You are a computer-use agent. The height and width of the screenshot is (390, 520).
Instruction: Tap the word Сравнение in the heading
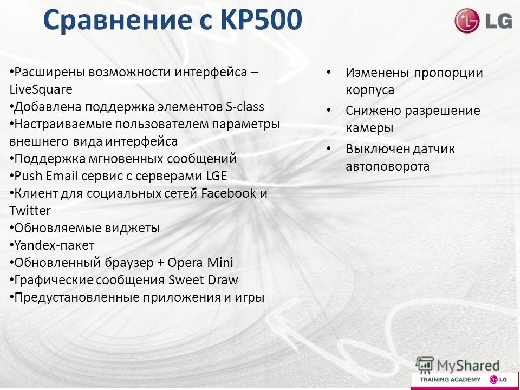[118, 20]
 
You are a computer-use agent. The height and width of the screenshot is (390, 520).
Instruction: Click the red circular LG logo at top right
[467, 21]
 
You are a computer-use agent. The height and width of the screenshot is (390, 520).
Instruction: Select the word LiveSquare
[41, 89]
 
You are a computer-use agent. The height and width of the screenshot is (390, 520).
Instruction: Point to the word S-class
[245, 107]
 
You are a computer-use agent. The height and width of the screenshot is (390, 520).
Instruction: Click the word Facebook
[229, 193]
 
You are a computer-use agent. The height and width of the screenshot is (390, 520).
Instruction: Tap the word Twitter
[30, 211]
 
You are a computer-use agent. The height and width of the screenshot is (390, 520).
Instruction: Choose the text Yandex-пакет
[54, 245]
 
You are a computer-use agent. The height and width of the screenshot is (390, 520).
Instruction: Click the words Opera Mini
[200, 263]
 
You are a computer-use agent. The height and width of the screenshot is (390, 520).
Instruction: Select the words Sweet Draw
[203, 280]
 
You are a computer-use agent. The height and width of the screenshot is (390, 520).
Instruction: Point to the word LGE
[217, 176]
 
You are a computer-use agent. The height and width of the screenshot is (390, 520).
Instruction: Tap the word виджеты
[133, 228]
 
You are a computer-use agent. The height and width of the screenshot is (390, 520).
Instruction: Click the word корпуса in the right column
[370, 90]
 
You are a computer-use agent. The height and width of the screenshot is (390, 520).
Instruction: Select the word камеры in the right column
[369, 128]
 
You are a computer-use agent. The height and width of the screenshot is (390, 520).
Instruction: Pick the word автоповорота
[388, 166]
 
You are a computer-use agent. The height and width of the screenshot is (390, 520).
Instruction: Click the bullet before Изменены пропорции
[328, 72]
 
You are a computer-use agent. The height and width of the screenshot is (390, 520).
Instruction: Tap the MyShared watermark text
[468, 366]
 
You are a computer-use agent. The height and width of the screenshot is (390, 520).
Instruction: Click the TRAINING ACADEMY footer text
[450, 380]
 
